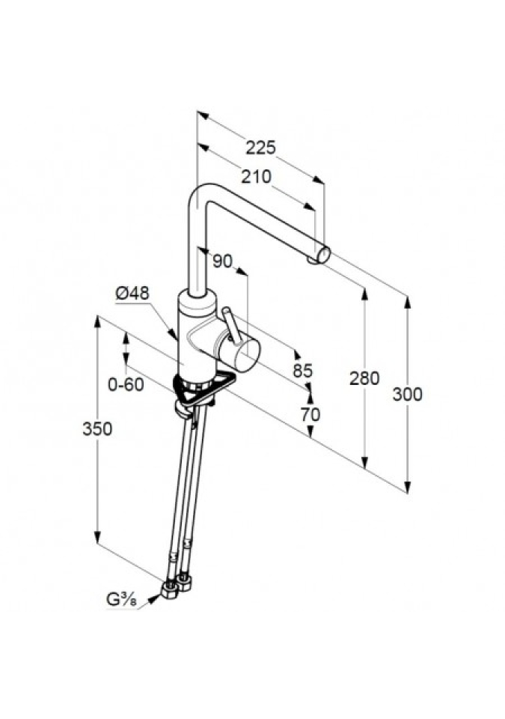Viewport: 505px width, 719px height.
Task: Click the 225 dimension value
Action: (x=260, y=148)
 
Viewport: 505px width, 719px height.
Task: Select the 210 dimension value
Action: (x=256, y=178)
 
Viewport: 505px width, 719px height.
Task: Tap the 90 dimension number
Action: (x=222, y=261)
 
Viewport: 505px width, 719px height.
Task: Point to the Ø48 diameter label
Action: (x=132, y=295)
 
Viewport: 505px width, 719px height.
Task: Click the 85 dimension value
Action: (x=302, y=371)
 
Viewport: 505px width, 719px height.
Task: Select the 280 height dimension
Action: (x=364, y=378)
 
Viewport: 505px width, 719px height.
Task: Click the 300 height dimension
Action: (x=407, y=394)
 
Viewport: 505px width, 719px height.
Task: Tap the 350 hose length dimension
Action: (x=97, y=428)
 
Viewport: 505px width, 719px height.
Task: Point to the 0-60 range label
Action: (x=125, y=385)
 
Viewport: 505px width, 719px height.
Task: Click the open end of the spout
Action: (x=323, y=255)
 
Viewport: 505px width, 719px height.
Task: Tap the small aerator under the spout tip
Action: (x=310, y=260)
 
